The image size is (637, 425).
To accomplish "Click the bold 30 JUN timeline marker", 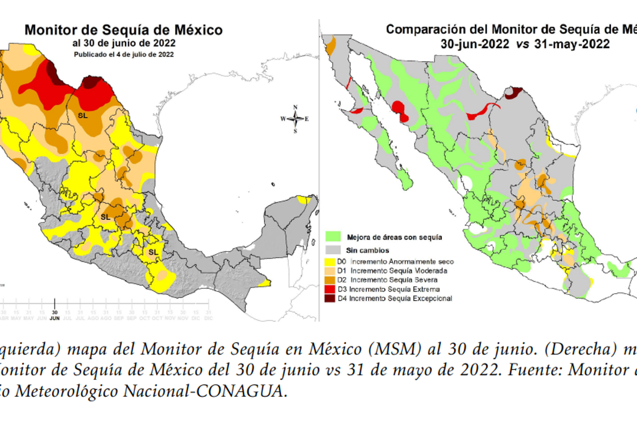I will tap(55, 315).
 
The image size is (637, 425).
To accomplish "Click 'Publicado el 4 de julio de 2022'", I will tap(124, 54).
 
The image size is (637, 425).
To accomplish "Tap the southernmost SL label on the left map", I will tap(153, 251).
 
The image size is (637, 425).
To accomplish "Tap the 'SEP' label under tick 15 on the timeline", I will tap(118, 318).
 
